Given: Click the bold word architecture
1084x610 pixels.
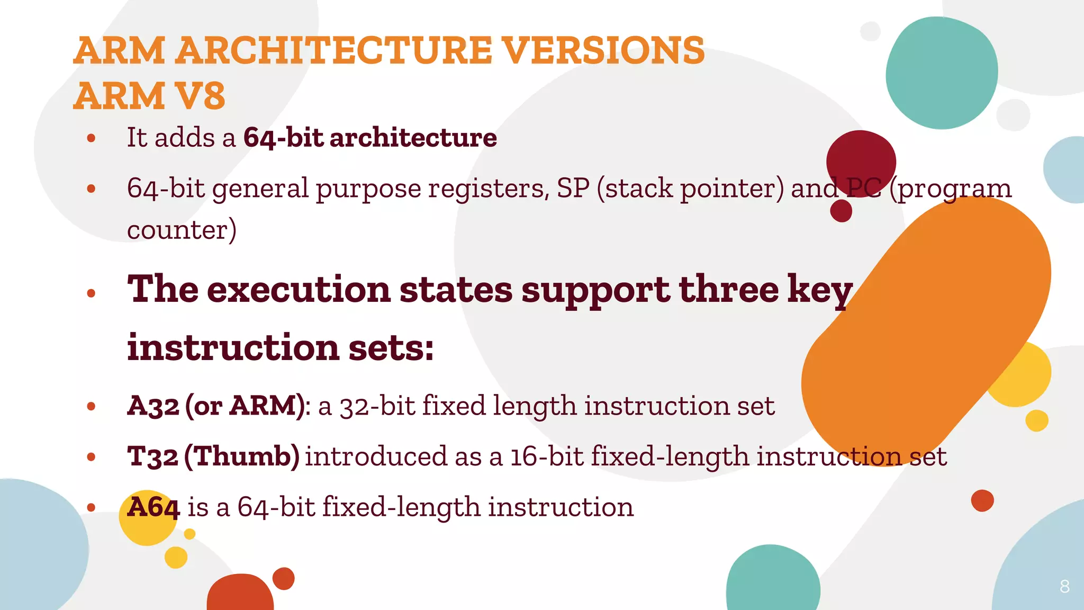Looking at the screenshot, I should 413,138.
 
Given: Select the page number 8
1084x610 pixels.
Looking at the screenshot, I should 1064,587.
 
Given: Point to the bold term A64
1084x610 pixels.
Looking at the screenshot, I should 153,507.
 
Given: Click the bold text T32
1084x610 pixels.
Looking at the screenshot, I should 152,456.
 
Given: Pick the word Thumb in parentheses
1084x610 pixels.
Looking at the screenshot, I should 242,456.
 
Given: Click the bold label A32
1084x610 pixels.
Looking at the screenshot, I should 153,406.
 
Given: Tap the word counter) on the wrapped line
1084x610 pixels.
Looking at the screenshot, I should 182,230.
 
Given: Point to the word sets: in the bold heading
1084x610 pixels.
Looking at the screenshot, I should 391,348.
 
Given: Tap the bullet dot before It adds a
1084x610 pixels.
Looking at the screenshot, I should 91,138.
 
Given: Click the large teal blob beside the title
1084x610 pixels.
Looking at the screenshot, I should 941,73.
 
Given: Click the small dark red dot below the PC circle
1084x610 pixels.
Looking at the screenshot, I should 841,211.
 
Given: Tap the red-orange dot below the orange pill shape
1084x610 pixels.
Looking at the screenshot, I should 982,500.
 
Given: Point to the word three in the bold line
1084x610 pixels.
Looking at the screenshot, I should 728,290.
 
